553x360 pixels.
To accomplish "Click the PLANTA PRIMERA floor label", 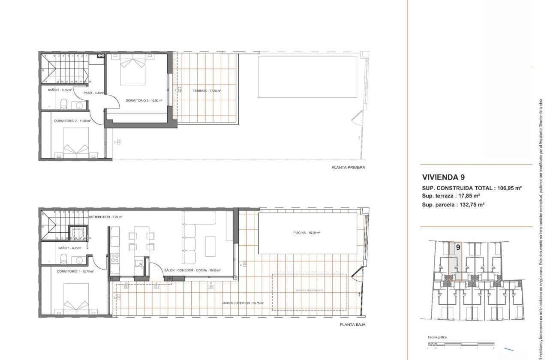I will coord(348,168).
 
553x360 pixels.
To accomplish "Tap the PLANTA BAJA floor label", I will coord(352,325).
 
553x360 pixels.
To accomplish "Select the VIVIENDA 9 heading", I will coord(443,177).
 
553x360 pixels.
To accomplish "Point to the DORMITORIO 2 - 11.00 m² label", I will coord(72,121).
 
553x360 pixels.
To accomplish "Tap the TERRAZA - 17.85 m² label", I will coord(207,91).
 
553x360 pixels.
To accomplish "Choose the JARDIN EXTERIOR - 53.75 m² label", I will coord(243,303).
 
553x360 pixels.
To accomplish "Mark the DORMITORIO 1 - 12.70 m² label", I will coord(75,271).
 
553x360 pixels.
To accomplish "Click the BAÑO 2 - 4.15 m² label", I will coord(60,90).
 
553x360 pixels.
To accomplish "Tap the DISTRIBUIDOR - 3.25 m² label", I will coord(105,217).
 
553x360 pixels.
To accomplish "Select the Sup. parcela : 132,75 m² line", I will coord(453,205).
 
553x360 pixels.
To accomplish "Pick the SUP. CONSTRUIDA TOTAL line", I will coord(472,188).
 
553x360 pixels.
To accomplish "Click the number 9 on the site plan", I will coord(458,247).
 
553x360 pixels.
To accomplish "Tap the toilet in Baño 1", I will coord(63,258).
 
